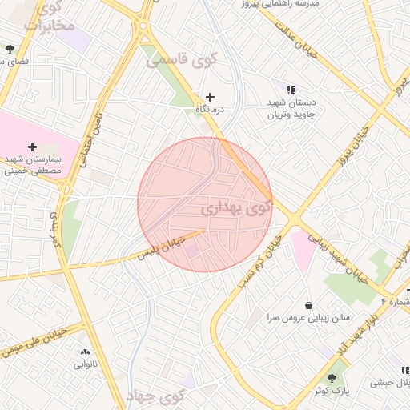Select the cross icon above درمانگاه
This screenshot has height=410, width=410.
[x=211, y=97]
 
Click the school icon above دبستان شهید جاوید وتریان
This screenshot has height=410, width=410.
[x=291, y=90]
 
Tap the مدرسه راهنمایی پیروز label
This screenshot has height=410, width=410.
[x=284, y=4]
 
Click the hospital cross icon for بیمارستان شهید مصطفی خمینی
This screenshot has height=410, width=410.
[x=32, y=147]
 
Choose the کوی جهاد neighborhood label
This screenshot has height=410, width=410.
[x=155, y=395]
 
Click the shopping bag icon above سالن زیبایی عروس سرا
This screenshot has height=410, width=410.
[x=309, y=305]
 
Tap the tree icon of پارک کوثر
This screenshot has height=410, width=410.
[x=332, y=378]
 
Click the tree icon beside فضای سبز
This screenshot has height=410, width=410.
[x=10, y=49]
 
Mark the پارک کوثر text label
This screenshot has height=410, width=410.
[x=332, y=391]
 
